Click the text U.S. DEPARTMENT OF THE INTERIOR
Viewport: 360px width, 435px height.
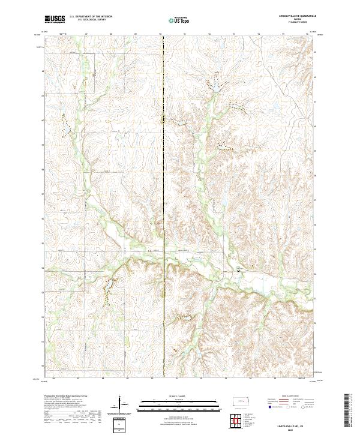pos(92,16)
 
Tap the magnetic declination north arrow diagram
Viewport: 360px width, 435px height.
pos(121,405)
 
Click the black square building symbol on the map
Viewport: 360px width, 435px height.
pos(239,271)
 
